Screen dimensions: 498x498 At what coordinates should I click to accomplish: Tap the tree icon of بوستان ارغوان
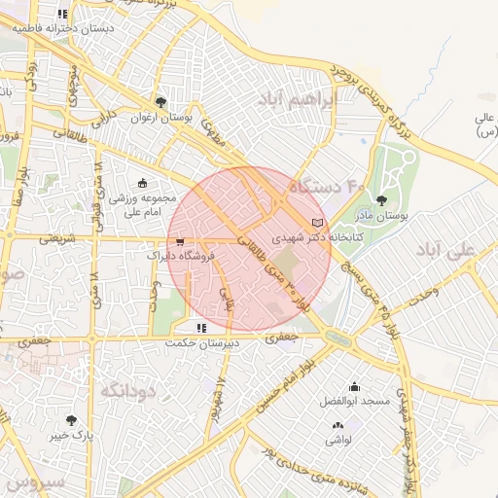point(160,100)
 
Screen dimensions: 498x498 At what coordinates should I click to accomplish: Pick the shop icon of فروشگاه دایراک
point(179,242)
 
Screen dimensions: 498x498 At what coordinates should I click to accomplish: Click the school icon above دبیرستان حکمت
point(201,328)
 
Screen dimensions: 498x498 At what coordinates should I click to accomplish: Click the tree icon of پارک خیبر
point(71,420)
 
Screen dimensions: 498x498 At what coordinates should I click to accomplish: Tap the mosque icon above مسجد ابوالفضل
point(353,386)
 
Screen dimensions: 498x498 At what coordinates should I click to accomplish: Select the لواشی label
point(338,440)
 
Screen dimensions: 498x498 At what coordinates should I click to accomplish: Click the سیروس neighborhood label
point(34,480)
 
